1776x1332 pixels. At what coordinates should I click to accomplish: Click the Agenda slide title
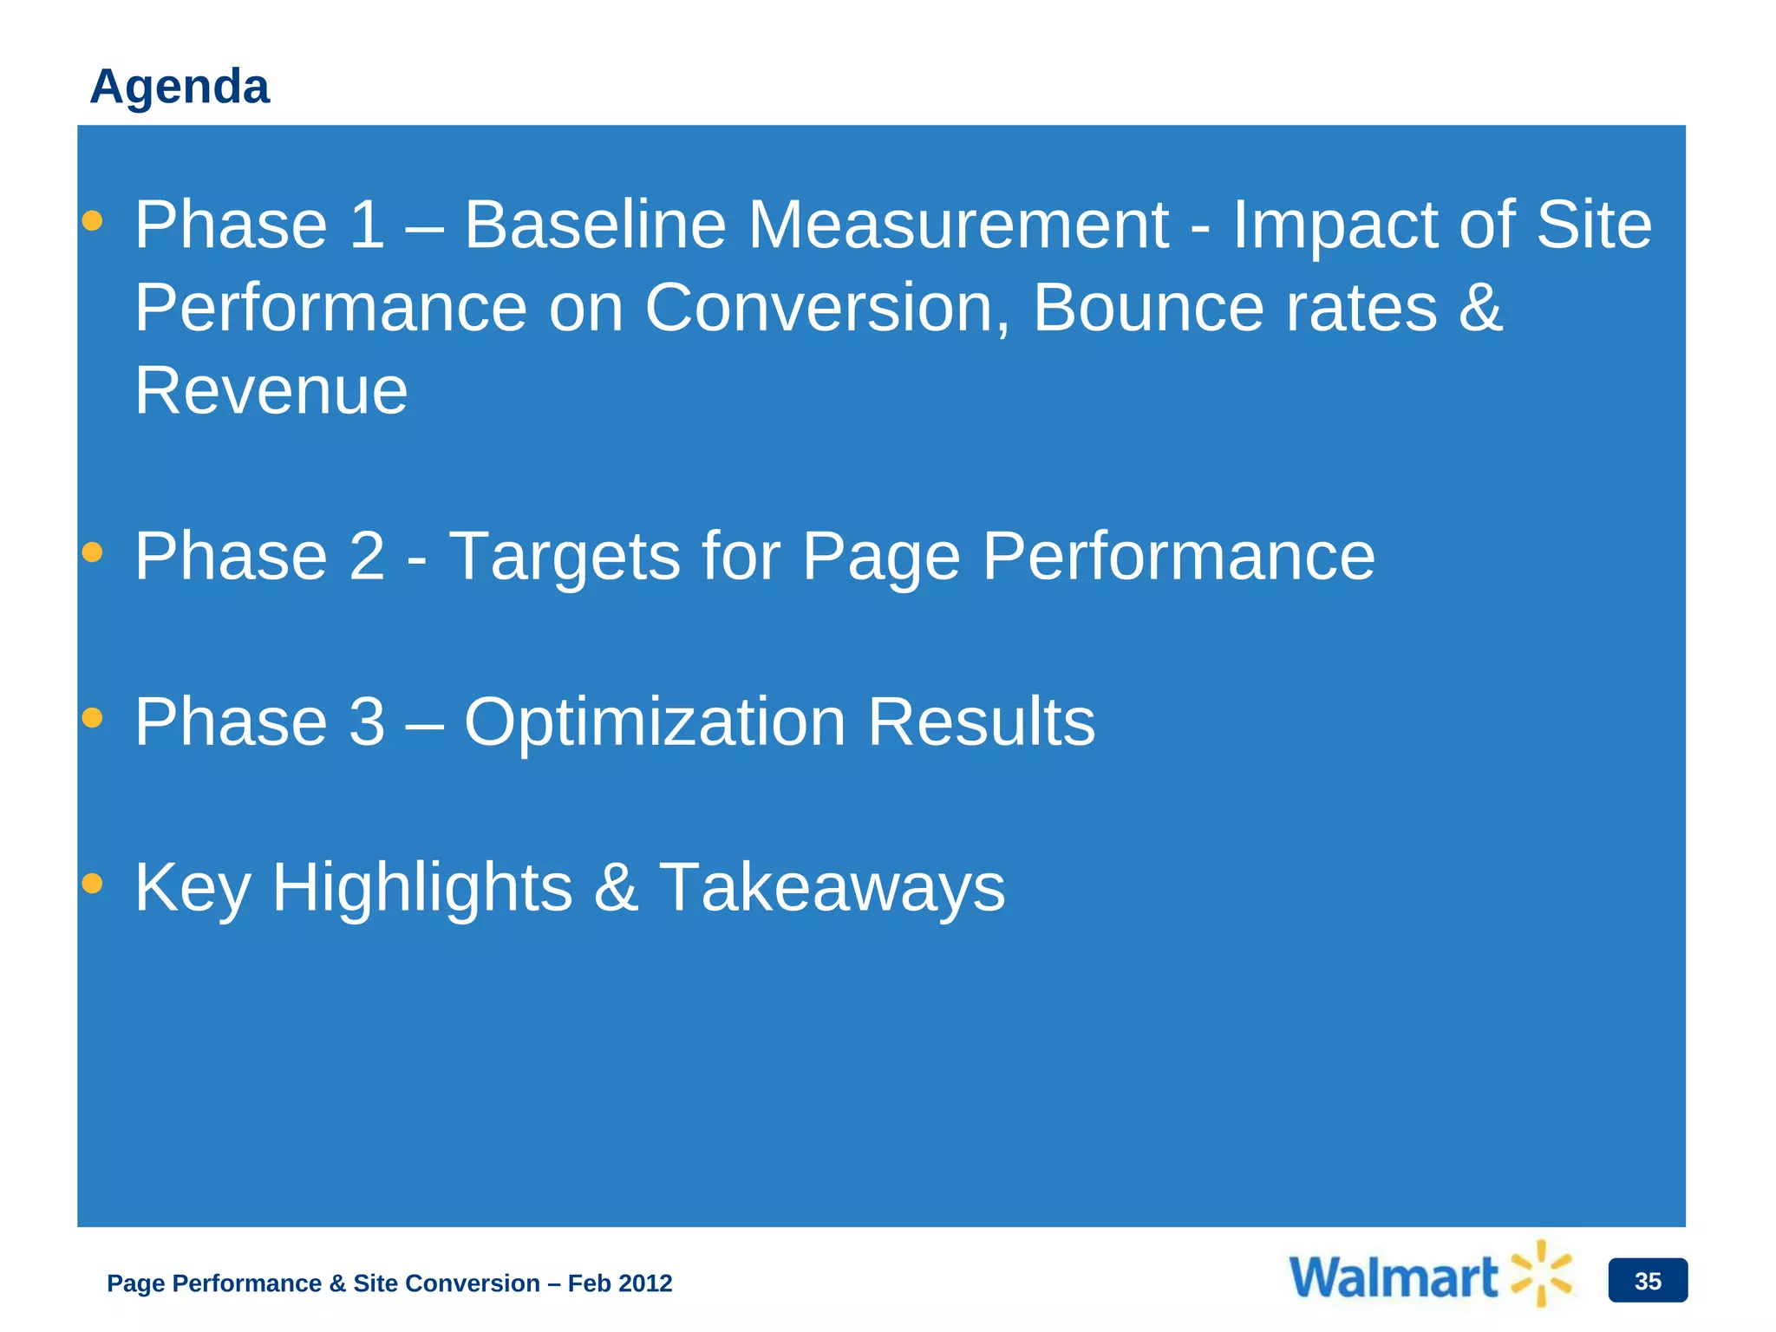[x=180, y=87]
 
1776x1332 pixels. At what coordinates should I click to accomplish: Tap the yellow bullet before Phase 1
[x=92, y=221]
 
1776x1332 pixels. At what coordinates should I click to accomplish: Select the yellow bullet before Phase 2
[x=92, y=552]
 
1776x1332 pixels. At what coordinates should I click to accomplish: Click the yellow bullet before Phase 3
[x=92, y=718]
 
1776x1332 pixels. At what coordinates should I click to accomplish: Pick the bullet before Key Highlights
[x=92, y=884]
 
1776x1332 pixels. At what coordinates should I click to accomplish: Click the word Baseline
[x=595, y=225]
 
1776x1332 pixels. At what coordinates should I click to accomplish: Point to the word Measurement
[x=958, y=225]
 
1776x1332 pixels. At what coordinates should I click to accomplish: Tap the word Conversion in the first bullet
[x=826, y=308]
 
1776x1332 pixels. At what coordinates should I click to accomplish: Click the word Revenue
[x=271, y=391]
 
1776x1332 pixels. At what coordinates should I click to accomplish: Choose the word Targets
[x=565, y=557]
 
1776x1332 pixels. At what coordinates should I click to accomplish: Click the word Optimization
[x=655, y=722]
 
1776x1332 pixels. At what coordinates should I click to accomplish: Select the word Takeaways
[x=832, y=888]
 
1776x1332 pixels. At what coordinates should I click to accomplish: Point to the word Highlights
[x=422, y=888]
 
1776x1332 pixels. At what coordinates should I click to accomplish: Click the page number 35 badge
[x=1647, y=1281]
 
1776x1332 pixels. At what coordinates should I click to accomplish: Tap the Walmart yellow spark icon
[x=1541, y=1273]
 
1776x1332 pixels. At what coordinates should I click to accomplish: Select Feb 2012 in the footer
[x=620, y=1283]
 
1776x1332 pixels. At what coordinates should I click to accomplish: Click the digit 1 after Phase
[x=366, y=225]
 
